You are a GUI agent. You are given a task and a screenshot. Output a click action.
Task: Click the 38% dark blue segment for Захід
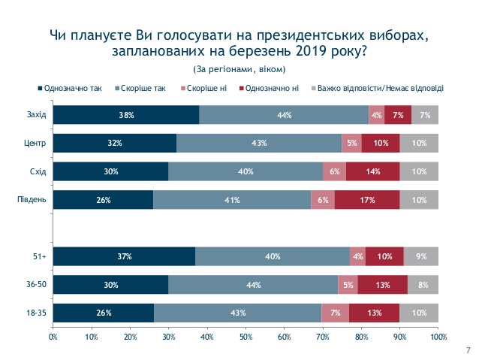coord(126,115)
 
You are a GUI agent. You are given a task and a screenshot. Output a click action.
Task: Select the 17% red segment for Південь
coord(367,200)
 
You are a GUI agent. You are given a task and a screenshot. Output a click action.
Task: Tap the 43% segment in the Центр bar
coord(259,144)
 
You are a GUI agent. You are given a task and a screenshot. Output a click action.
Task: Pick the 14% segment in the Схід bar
coord(372,171)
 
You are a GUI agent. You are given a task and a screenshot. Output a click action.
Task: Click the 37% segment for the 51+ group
coord(124,256)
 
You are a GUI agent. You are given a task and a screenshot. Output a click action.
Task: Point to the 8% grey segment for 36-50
coord(423,285)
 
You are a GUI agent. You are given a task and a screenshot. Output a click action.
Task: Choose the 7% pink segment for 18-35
coord(335,313)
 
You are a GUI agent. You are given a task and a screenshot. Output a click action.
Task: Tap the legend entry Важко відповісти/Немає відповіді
coord(381,88)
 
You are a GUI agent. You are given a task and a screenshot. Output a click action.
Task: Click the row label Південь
coord(32,200)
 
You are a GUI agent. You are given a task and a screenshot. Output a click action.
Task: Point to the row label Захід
coord(35,115)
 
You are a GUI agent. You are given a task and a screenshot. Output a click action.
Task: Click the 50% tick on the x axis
coord(246,336)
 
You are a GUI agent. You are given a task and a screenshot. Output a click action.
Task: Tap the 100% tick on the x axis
coord(438,336)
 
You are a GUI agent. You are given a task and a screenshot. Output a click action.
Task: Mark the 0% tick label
coord(53,336)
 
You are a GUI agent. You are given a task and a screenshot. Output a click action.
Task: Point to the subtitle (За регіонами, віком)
coord(239,69)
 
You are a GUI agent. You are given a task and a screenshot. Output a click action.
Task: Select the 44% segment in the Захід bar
coord(284,115)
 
